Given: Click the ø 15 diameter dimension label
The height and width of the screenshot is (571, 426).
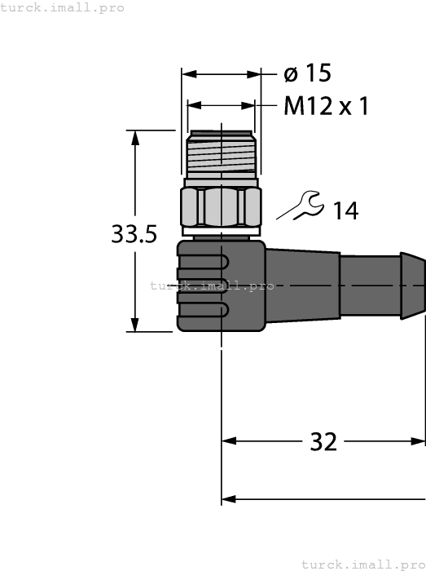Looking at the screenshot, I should point(307,74).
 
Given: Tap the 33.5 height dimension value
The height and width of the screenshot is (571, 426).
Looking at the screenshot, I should point(134,235).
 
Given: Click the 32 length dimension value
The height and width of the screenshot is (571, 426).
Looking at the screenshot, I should point(323,441).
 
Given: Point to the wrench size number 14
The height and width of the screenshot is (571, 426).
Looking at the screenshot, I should point(345,210).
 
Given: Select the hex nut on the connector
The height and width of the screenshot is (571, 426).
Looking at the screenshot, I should point(220,207).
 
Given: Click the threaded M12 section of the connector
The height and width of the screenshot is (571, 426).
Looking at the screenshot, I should point(220,155).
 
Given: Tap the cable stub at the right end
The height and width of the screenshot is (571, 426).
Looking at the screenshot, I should point(382,285).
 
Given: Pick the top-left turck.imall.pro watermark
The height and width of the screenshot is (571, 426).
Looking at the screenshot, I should point(63,7).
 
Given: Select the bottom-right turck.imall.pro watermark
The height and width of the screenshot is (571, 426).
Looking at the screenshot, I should point(362,564).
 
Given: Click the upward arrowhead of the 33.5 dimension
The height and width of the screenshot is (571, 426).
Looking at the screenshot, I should point(136,137).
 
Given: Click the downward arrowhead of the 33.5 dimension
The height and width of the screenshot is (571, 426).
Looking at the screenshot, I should point(136,324).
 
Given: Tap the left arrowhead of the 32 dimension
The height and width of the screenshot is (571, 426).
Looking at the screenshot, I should point(229,441).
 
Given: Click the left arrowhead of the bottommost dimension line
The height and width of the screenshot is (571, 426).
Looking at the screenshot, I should point(229,498).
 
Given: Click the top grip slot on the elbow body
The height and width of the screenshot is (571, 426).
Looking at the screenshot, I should point(204,261).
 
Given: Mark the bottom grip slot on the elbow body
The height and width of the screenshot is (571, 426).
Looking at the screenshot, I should point(204,310).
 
